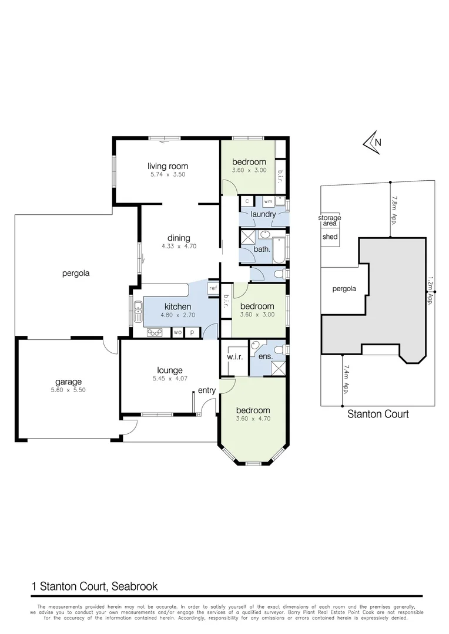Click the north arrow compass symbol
(x=373, y=143)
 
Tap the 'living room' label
(x=167, y=166)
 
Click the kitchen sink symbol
(x=138, y=311)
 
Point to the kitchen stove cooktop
(x=155, y=332)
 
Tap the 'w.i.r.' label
(x=235, y=358)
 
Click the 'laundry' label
(x=263, y=214)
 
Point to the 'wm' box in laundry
(x=268, y=201)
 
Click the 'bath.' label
(x=262, y=249)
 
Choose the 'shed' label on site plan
(x=330, y=237)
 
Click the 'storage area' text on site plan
(x=330, y=221)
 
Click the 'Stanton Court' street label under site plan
(x=378, y=414)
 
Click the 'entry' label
(x=206, y=390)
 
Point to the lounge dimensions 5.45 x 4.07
(x=169, y=379)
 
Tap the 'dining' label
(x=179, y=238)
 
